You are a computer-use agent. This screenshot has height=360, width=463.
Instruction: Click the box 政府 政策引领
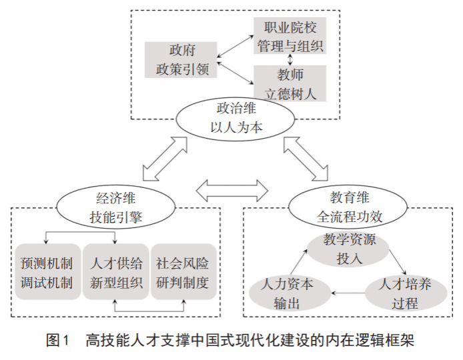[x=179, y=59]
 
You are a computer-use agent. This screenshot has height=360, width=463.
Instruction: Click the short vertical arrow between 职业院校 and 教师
[x=288, y=59]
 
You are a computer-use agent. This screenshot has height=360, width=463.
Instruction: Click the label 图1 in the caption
[x=57, y=341]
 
